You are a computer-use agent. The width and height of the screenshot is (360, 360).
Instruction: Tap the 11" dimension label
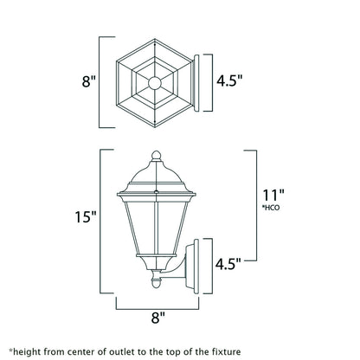274,196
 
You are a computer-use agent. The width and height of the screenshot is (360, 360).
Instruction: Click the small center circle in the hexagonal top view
156,84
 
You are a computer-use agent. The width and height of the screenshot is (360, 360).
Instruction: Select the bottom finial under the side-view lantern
157,281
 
